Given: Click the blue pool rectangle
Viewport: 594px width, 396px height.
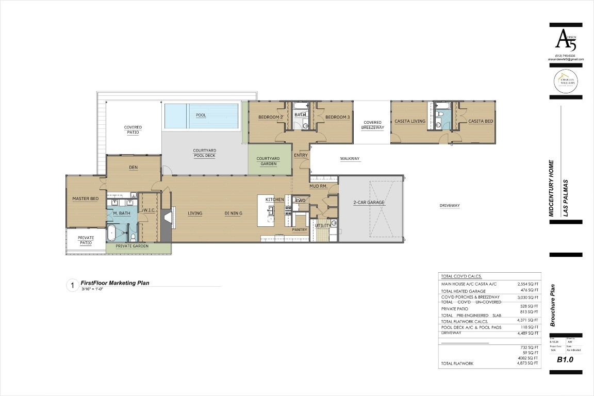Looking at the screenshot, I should (201, 115).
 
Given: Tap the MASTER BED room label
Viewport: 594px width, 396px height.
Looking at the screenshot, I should (86, 199).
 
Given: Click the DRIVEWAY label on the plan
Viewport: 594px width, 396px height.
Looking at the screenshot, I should (449, 206).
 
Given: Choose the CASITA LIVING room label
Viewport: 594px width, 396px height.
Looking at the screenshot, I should (410, 121).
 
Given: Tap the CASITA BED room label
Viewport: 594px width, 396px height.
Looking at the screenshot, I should (480, 121).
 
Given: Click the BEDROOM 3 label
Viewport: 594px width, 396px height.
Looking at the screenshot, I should (337, 118).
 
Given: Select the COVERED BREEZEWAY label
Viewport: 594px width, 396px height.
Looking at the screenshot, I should (372, 125).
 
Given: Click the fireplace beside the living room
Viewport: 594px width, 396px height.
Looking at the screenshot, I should (166, 220).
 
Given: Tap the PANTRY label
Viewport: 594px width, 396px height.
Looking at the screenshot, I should (300, 230).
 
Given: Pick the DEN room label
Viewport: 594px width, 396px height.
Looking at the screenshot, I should (133, 168).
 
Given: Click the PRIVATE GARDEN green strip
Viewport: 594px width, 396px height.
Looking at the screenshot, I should (132, 246).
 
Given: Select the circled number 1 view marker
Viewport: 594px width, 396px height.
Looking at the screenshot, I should (72, 285).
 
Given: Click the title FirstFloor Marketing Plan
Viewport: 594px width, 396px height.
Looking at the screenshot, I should (115, 283).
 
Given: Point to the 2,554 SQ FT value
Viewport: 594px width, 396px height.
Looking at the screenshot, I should (527, 284).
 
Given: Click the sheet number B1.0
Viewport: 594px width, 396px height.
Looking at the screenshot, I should (566, 360).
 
